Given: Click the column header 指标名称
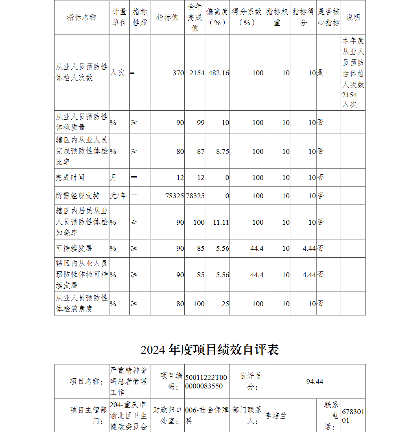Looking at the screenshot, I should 82,18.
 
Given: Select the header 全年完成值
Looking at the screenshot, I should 195,18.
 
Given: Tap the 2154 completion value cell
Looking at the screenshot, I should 197,73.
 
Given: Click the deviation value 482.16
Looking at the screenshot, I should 219,73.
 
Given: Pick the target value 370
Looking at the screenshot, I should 178,73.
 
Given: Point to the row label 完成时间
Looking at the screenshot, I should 70,178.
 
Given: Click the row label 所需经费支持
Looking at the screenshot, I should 77,196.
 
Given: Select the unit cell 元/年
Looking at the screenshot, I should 118,196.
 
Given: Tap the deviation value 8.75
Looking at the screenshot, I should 223,151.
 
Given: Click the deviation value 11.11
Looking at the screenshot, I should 221,222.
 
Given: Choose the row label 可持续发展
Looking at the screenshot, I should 74,248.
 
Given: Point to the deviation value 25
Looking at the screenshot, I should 225,304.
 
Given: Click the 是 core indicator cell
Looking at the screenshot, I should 321,73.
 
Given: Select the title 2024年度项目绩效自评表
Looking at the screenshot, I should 210,350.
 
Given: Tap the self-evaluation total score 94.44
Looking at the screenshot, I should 315,382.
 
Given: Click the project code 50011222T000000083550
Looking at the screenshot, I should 203,382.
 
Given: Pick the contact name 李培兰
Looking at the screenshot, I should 276,416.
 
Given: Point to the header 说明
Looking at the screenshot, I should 353,18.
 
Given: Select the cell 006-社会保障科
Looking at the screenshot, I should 207,416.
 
